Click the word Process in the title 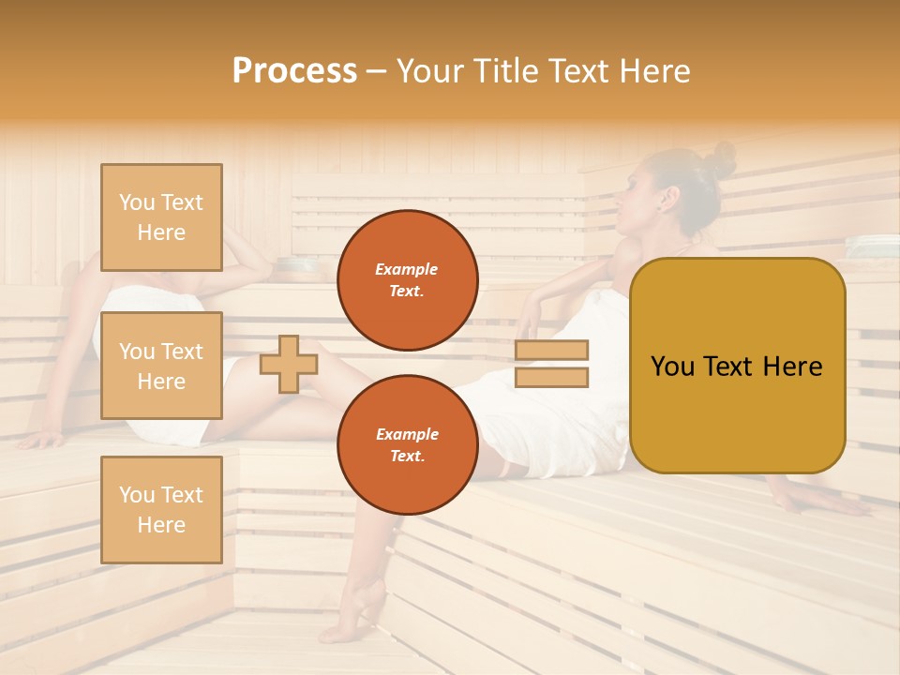click(x=294, y=70)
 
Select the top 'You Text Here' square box click(x=161, y=217)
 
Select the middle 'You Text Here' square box click(x=161, y=366)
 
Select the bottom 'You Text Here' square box click(x=161, y=509)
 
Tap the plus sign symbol click(x=288, y=364)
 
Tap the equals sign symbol click(x=551, y=364)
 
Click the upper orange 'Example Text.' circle click(x=407, y=279)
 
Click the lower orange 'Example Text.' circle click(x=407, y=444)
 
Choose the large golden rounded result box click(x=737, y=366)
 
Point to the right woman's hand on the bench click(x=825, y=504)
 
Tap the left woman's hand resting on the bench click(x=42, y=439)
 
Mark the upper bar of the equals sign click(x=551, y=351)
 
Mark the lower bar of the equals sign click(x=551, y=377)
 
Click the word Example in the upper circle click(x=407, y=269)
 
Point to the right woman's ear click(x=668, y=200)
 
